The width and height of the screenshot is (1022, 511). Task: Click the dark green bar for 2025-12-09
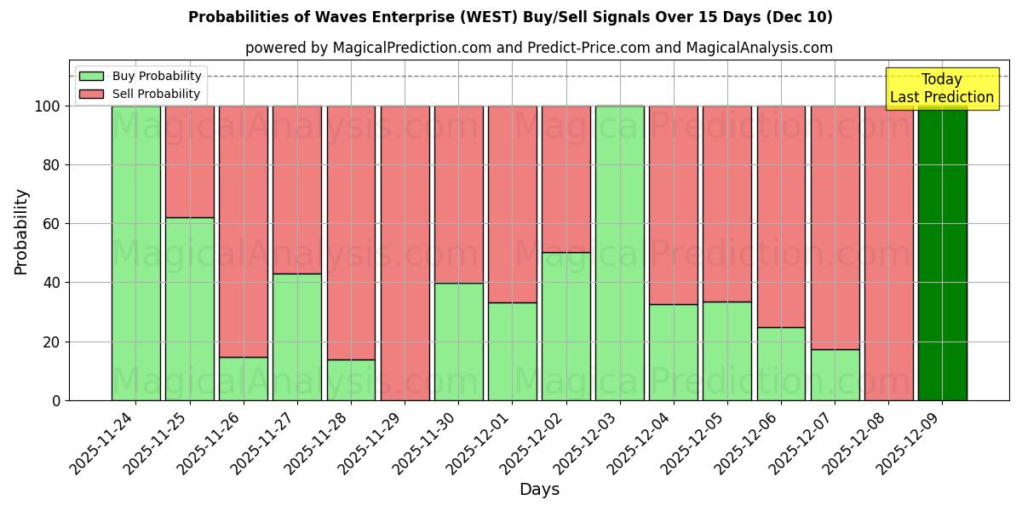pyautogui.click(x=942, y=253)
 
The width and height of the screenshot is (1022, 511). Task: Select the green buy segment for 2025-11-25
pyautogui.click(x=190, y=308)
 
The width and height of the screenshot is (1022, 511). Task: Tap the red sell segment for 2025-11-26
pyautogui.click(x=244, y=231)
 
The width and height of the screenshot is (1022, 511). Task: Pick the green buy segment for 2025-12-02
pyautogui.click(x=566, y=326)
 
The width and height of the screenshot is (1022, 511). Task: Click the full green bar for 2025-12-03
pyautogui.click(x=620, y=253)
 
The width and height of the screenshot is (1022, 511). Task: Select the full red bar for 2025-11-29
pyautogui.click(x=405, y=253)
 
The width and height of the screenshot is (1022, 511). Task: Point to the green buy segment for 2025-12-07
pyautogui.click(x=835, y=375)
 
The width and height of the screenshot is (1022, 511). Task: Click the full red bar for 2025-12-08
pyautogui.click(x=888, y=253)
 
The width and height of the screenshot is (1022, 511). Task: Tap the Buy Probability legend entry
pyautogui.click(x=141, y=76)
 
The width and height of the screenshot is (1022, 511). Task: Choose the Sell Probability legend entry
pyautogui.click(x=141, y=94)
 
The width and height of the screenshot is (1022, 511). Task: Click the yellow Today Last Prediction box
pyautogui.click(x=942, y=89)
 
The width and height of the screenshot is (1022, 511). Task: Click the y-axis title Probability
pyautogui.click(x=21, y=231)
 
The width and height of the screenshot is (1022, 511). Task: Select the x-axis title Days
pyautogui.click(x=539, y=490)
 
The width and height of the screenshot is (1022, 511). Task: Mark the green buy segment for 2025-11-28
pyautogui.click(x=351, y=380)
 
